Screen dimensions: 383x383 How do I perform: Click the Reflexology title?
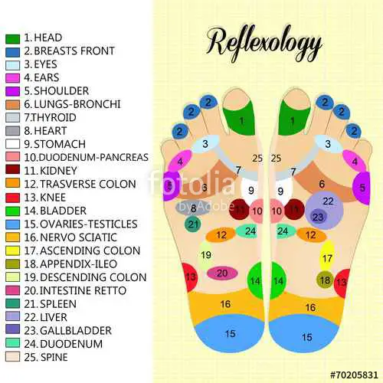(264, 44)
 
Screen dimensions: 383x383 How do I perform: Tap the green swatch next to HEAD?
(12, 39)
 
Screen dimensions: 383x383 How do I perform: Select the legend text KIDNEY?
(58, 171)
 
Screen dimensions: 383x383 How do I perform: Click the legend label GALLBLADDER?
(76, 331)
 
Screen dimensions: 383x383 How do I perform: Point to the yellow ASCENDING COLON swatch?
(12, 250)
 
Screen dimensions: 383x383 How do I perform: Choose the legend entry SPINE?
(54, 357)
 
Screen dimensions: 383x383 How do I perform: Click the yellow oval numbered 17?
(327, 256)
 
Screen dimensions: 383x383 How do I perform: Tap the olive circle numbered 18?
(325, 280)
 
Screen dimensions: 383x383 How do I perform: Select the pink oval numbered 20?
(222, 273)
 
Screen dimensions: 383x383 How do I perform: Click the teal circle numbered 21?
(193, 224)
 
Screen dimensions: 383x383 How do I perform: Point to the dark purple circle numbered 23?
(318, 217)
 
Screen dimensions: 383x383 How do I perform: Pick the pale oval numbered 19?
(205, 255)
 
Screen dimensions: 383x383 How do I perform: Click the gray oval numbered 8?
(192, 208)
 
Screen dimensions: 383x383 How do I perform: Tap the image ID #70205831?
(354, 375)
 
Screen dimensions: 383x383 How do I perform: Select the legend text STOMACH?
(60, 144)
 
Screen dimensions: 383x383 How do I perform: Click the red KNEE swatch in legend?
(12, 198)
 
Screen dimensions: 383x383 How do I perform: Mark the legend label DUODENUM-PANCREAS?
(93, 157)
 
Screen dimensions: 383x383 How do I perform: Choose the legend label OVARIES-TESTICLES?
(89, 224)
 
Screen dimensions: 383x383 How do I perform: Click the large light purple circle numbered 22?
(324, 210)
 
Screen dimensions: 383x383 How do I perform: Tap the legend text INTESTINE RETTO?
(83, 290)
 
